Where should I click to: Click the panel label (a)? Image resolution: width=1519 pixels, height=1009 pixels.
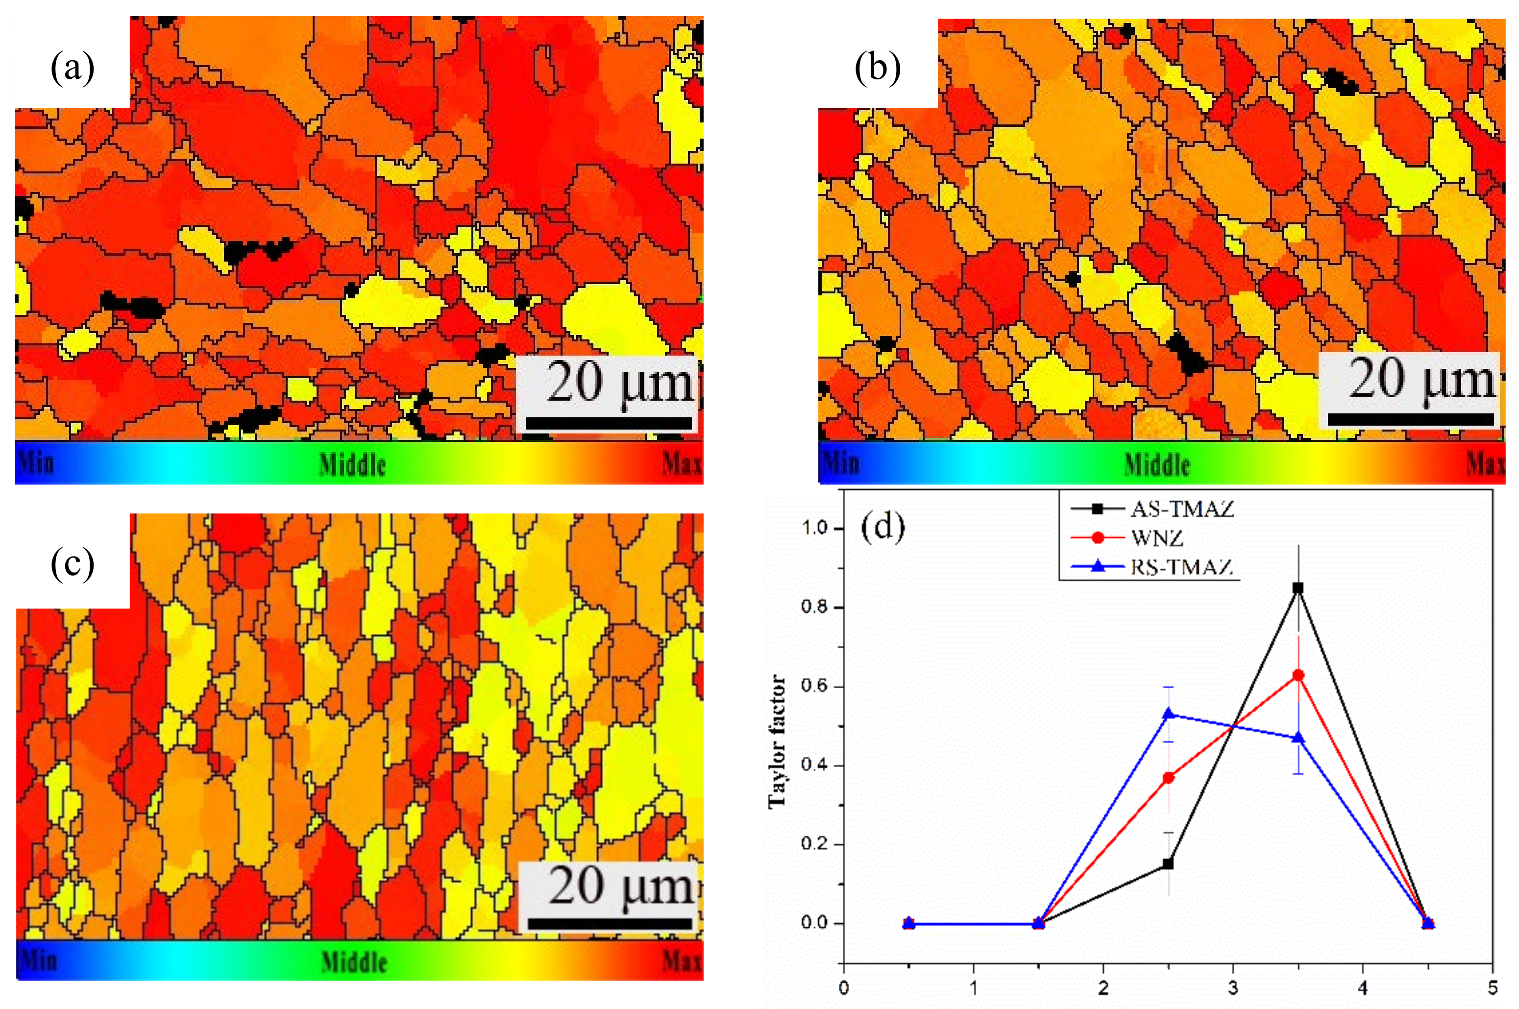(72, 68)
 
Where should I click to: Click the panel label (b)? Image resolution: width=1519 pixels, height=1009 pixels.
(877, 68)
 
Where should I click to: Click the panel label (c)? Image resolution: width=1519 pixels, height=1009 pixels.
(72, 564)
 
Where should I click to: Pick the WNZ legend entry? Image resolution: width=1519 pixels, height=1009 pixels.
(1156, 538)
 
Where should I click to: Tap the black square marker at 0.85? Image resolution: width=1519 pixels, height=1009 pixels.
(1298, 587)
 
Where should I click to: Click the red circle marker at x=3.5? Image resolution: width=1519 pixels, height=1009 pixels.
(1298, 675)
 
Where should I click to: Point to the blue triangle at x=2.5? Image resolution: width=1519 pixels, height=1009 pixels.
(1168, 714)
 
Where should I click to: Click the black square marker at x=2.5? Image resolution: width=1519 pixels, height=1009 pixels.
(1168, 864)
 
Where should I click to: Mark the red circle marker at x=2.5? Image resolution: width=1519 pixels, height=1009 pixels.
(1168, 777)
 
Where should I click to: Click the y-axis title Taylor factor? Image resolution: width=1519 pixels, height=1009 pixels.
(778, 740)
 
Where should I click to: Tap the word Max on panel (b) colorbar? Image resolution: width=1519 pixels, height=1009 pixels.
(1484, 463)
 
